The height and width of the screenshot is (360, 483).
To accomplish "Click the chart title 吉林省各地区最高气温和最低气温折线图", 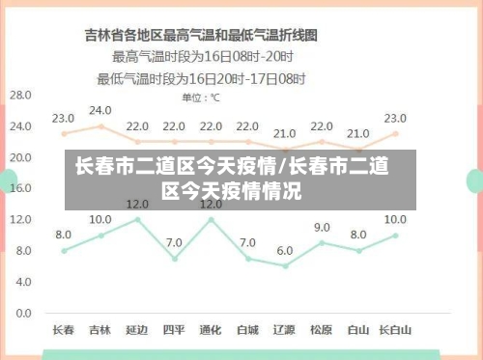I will (202, 36).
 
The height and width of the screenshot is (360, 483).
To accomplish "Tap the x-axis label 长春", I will (63, 329).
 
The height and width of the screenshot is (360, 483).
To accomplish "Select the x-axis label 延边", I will (137, 329).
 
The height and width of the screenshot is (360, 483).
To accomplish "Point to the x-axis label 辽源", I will (284, 329).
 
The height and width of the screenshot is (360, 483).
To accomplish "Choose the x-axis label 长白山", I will (395, 329).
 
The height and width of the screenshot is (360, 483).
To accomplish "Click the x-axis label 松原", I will (321, 329).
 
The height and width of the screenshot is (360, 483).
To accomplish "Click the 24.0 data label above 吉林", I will (100, 110).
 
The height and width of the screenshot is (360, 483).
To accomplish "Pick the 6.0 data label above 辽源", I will (284, 250).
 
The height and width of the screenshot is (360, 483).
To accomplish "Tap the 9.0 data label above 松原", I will (321, 227).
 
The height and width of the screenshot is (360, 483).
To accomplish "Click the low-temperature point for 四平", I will (174, 259).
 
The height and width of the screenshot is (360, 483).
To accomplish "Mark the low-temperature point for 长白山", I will (395, 235).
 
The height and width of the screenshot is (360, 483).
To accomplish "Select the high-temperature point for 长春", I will (64, 134).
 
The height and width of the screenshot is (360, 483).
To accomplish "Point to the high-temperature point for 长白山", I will (395, 134).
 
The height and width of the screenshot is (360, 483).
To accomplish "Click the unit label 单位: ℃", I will (201, 97).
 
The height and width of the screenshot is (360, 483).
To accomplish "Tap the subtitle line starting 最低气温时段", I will (201, 77).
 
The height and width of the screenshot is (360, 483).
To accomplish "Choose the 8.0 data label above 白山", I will (357, 235).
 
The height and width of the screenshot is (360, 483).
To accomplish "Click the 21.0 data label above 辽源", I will (284, 133).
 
